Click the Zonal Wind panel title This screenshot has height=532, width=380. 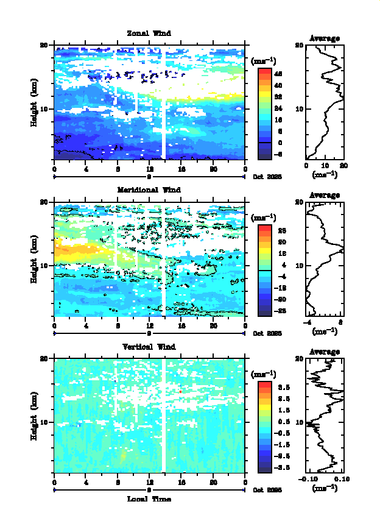pyautogui.click(x=149, y=33)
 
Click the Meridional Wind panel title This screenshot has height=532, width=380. pyautogui.click(x=149, y=190)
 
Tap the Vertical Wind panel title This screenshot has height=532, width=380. pyautogui.click(x=149, y=347)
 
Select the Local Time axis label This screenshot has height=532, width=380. pyautogui.click(x=149, y=499)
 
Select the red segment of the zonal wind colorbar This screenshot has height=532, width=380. pyautogui.click(x=264, y=73)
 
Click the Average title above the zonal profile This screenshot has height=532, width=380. pyautogui.click(x=325, y=38)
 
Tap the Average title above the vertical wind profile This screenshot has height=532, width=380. pyautogui.click(x=325, y=352)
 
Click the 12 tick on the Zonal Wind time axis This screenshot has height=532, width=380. pyautogui.click(x=150, y=169)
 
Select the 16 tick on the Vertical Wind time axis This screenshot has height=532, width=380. pyautogui.click(x=181, y=483)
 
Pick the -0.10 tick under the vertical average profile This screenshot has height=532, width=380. pyautogui.click(x=306, y=480)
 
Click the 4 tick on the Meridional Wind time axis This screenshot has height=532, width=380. pyautogui.click(x=86, y=326)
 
